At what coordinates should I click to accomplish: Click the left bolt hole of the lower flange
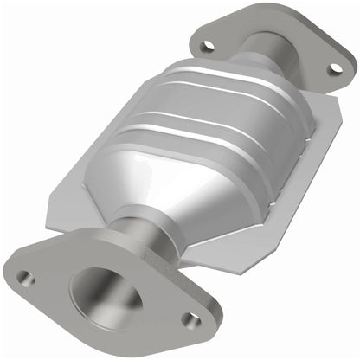[26, 278]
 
